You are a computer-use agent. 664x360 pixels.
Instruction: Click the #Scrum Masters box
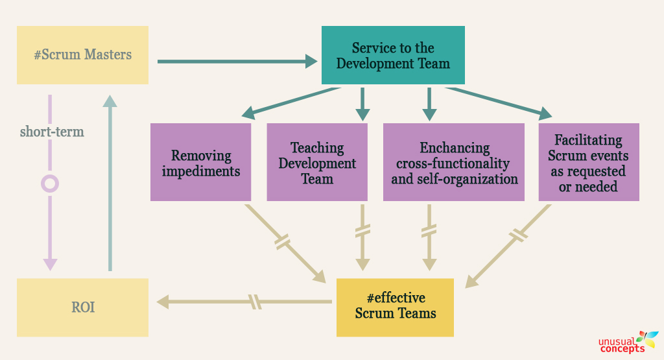(x=82, y=55)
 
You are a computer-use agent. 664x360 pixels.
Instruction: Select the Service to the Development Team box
(x=393, y=56)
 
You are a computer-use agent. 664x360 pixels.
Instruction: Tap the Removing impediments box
(x=200, y=162)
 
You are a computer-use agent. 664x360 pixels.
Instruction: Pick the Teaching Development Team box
(x=317, y=162)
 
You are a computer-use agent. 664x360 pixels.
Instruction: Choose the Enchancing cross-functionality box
(x=454, y=162)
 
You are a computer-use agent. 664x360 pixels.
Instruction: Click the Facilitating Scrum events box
(x=589, y=162)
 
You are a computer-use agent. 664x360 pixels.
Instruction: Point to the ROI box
(x=82, y=307)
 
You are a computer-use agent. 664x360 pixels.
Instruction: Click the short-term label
(x=52, y=132)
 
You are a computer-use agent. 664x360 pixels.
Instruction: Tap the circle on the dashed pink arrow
(x=50, y=184)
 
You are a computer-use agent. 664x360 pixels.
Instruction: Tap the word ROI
(x=82, y=307)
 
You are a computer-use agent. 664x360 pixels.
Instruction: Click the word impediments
(x=201, y=171)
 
